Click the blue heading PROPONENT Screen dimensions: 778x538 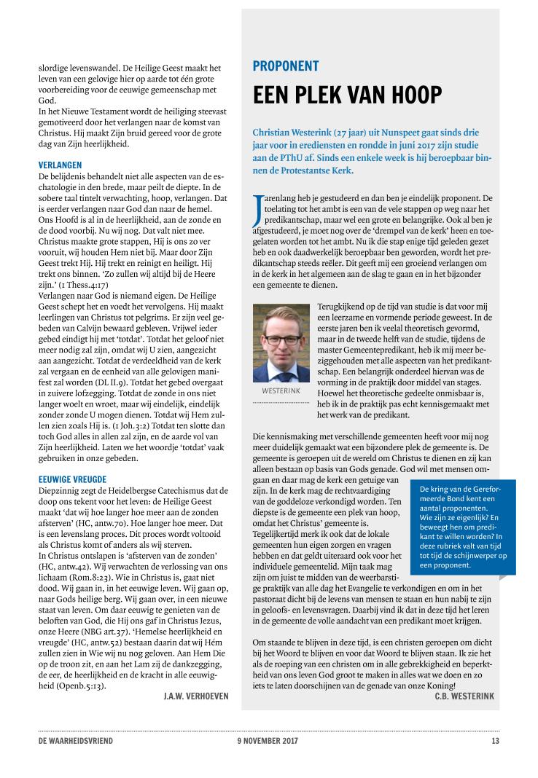point(285,66)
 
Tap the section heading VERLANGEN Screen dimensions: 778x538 point(61,165)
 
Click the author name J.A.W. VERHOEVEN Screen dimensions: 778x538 point(196,696)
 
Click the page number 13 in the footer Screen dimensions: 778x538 point(495,741)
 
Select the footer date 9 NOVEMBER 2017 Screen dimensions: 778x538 point(268,741)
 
